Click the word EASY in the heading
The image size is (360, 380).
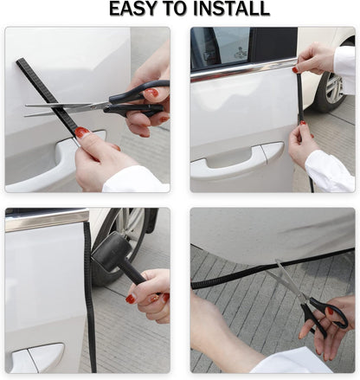133,10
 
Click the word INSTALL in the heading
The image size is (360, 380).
230,10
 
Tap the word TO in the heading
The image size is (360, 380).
175,10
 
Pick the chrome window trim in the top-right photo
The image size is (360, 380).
242,68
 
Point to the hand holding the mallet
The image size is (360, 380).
151,295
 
